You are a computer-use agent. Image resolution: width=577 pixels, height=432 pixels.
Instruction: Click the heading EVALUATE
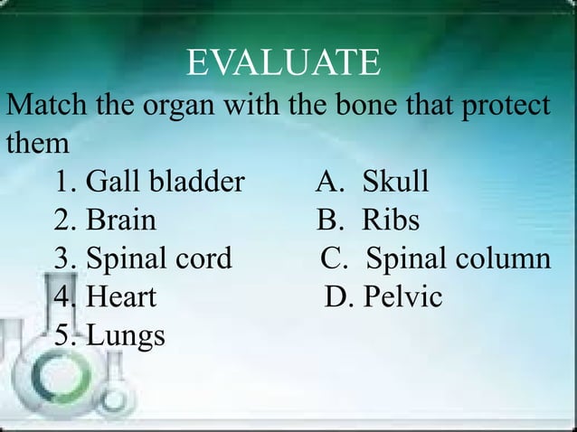[283, 64]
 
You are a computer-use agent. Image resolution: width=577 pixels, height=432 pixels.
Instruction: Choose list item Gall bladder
[165, 183]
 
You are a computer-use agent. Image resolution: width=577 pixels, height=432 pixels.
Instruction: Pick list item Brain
[120, 221]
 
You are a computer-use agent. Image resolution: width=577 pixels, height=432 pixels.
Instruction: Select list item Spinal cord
[158, 258]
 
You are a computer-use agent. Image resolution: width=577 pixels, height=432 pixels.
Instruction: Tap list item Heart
[121, 296]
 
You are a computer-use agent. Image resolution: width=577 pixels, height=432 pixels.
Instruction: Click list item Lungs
[126, 336]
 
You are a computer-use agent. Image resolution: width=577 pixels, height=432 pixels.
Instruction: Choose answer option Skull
[395, 183]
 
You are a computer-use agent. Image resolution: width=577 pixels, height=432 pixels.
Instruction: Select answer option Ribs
[391, 221]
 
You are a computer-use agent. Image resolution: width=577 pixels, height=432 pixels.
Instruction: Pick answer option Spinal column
[458, 258]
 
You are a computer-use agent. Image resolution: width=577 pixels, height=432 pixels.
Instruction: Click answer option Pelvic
[402, 296]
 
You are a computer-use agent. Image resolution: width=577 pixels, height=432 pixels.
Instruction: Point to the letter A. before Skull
[329, 183]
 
